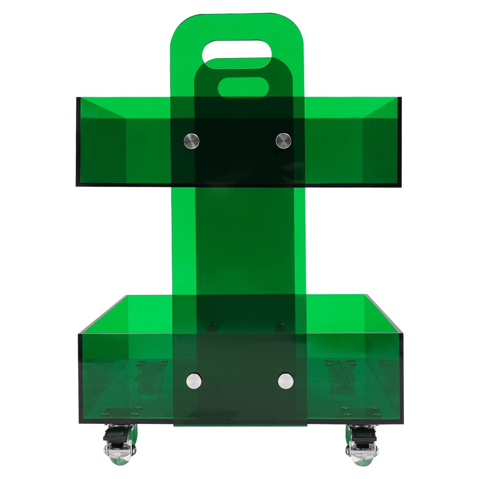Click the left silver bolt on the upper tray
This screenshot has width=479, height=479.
click(x=192, y=140)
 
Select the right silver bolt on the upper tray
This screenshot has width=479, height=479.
click(x=283, y=140)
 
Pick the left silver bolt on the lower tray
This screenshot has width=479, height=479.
click(x=194, y=381)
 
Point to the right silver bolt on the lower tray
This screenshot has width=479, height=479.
click(x=285, y=381)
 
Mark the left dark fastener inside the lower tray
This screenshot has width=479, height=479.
click(x=211, y=328)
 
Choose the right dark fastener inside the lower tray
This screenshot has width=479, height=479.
click(x=279, y=328)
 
